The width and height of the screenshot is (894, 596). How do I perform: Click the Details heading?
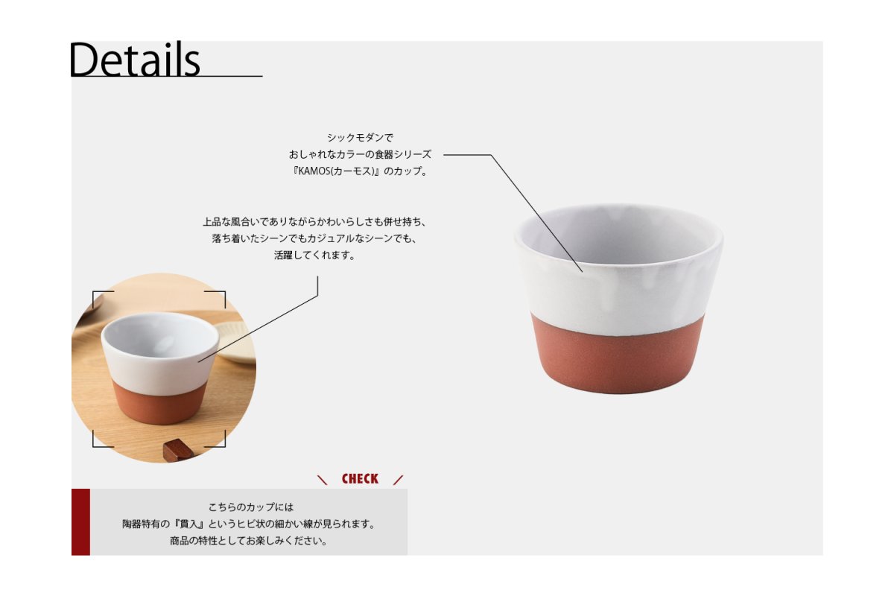pos(135,60)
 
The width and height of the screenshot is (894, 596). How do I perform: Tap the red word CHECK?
pos(360,478)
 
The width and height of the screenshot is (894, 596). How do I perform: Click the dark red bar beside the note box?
pos(80,521)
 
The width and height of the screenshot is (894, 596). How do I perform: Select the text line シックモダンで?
pos(360,138)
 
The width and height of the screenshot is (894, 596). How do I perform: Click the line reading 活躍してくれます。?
pos(314,255)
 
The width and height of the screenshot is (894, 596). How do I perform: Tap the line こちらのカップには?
pos(251,507)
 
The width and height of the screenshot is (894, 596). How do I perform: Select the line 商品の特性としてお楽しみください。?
pos(249,541)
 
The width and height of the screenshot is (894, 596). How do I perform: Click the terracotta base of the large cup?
pos(618,359)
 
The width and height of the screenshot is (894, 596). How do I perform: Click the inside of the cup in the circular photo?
pos(159,335)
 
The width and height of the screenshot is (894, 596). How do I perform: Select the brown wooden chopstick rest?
pos(178,449)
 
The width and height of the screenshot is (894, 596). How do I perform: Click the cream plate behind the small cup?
pos(236,342)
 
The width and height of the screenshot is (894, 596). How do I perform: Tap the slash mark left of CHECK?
pos(322,480)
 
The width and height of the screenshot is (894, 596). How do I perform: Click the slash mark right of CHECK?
pos(398,480)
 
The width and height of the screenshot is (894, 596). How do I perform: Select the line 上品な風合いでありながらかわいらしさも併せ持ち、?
pos(314,221)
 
